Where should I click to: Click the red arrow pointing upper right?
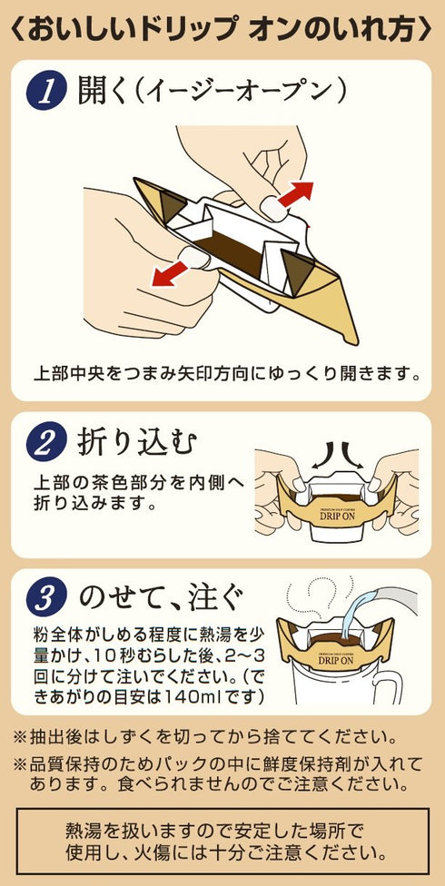295,194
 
